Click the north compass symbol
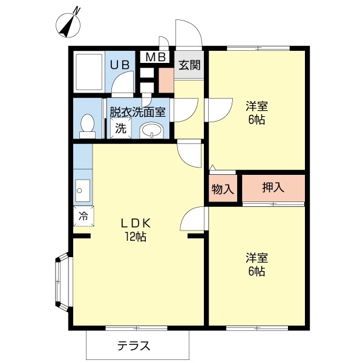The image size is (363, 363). [x=70, y=24]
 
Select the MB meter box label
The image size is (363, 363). [x=155, y=57]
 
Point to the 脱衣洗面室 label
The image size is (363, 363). [x=138, y=113]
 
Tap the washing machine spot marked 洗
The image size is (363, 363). [x=121, y=128]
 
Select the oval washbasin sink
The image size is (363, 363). [x=151, y=130]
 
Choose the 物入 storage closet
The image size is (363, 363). [x=222, y=188]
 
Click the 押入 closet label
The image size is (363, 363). [x=273, y=188]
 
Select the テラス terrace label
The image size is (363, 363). [x=134, y=346]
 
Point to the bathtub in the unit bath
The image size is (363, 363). [x=90, y=71]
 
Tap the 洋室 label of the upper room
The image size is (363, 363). [x=257, y=106]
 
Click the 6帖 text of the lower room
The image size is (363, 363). [x=257, y=272]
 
